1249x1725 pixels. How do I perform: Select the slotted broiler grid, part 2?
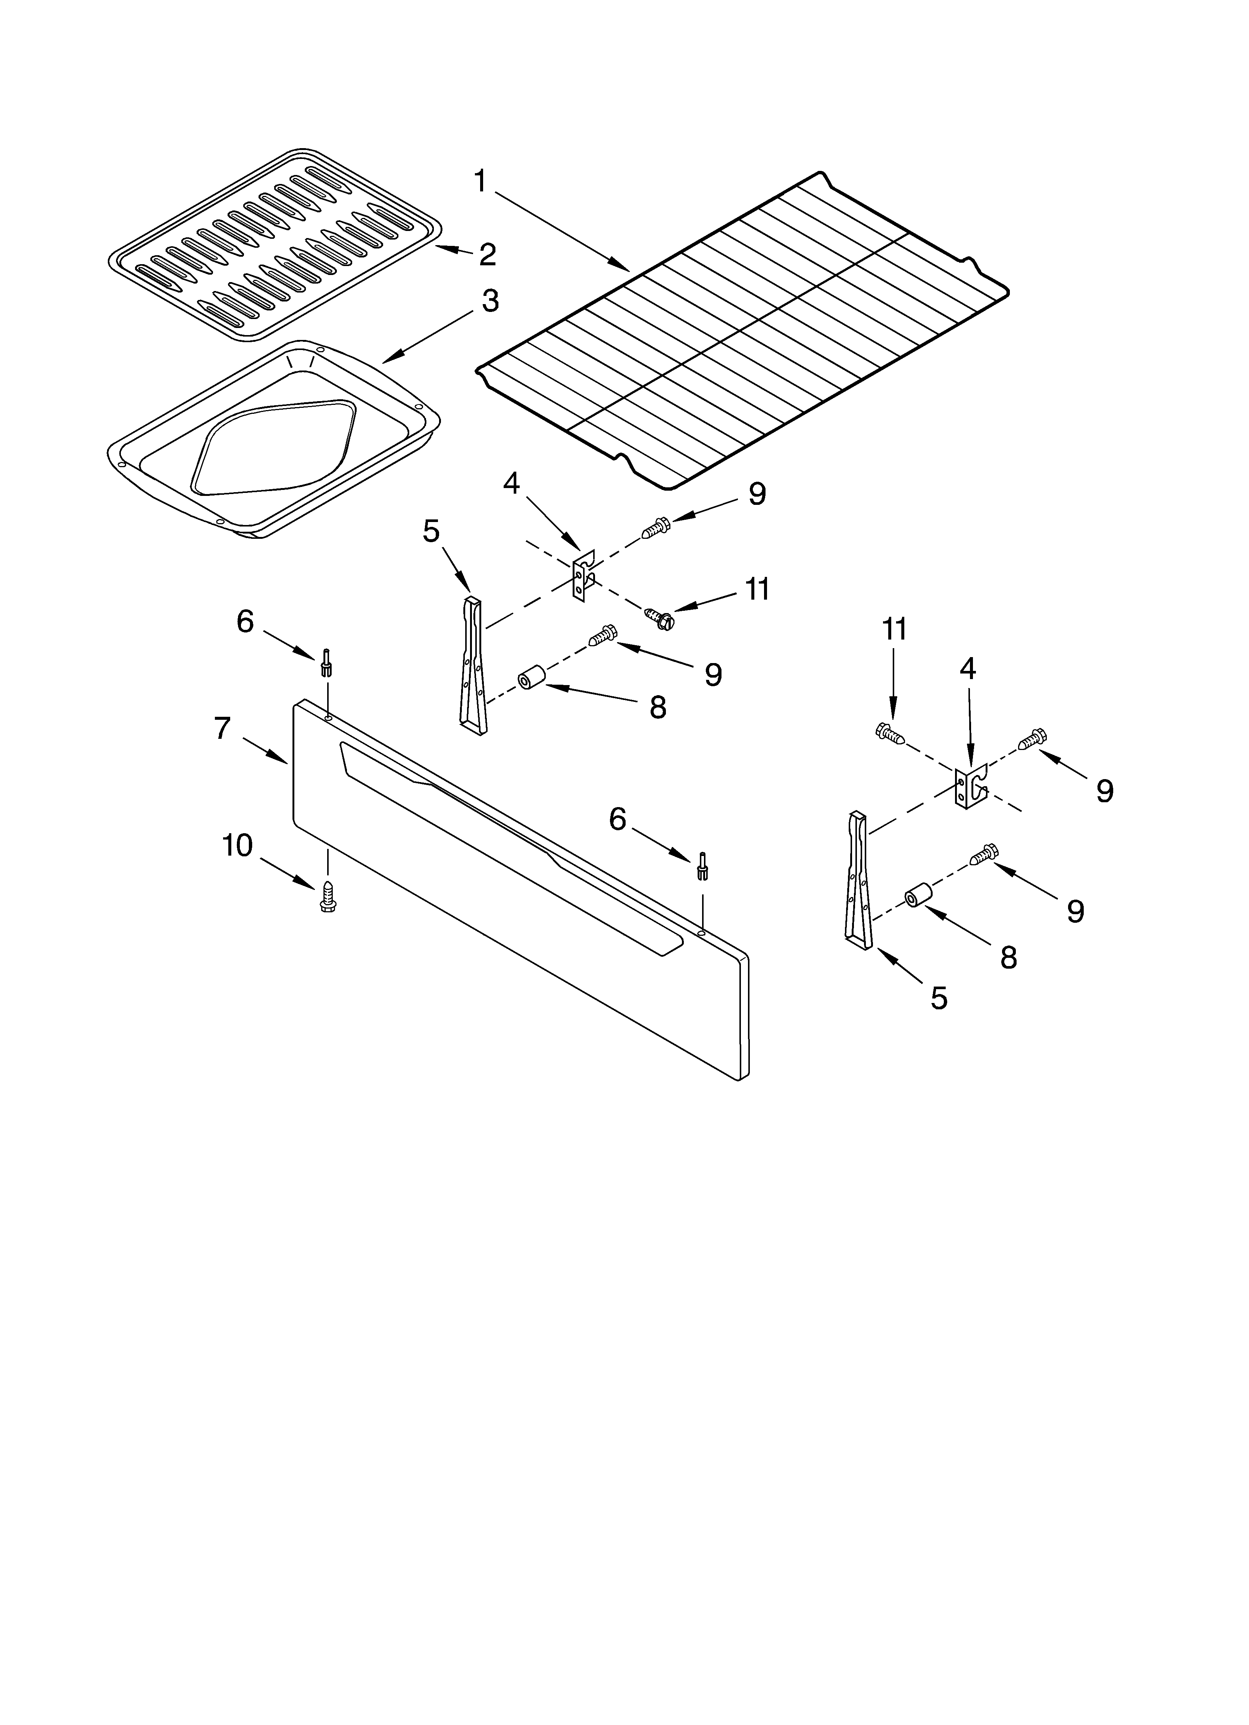coord(274,243)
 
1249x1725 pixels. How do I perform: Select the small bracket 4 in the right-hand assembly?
coord(969,786)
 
